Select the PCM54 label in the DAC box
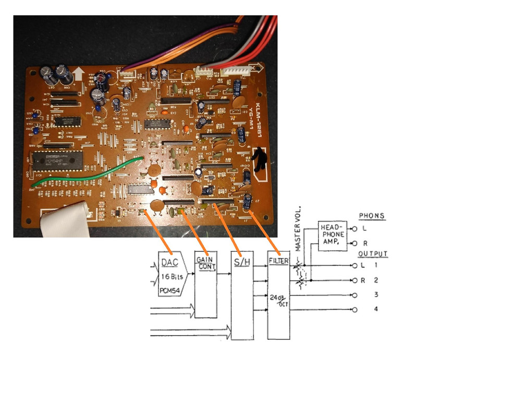click(170, 289)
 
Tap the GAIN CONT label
click(205, 262)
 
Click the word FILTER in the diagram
click(278, 260)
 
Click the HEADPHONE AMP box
click(332, 235)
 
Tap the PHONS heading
click(372, 216)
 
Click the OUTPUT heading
click(373, 254)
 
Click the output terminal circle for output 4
click(355, 310)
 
